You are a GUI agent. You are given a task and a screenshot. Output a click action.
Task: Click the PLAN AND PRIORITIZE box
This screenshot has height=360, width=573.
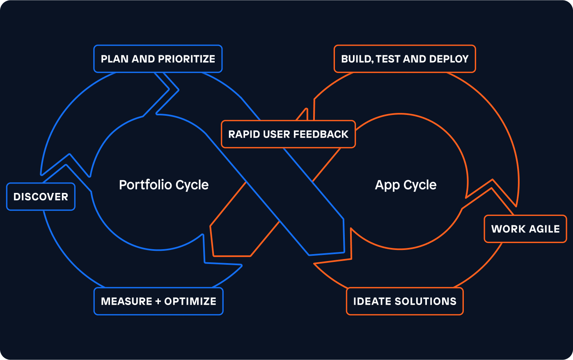point(158,59)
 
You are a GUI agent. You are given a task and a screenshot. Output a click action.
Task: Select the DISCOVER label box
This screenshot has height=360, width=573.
point(41,197)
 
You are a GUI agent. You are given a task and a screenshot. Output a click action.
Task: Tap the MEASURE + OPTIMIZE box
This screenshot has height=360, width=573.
point(158,301)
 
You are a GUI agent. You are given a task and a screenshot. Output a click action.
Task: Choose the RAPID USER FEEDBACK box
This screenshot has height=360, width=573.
point(288,134)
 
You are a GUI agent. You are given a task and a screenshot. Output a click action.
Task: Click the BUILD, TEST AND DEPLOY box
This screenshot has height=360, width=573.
point(405,59)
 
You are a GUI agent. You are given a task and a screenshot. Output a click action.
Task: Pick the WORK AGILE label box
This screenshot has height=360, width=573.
point(525,229)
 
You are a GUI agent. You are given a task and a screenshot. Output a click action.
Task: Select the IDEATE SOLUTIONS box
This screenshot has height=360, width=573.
point(405,301)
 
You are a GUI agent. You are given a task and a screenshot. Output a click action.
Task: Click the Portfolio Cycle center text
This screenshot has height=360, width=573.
point(164,185)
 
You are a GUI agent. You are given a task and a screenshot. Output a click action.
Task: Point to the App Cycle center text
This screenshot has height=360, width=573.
point(406,185)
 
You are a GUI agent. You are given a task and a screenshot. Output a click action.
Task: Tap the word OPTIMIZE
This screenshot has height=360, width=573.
point(190,301)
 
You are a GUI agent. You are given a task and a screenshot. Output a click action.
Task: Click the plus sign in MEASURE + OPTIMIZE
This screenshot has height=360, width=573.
point(158,302)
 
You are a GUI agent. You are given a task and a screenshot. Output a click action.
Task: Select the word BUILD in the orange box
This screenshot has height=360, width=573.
point(356,59)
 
